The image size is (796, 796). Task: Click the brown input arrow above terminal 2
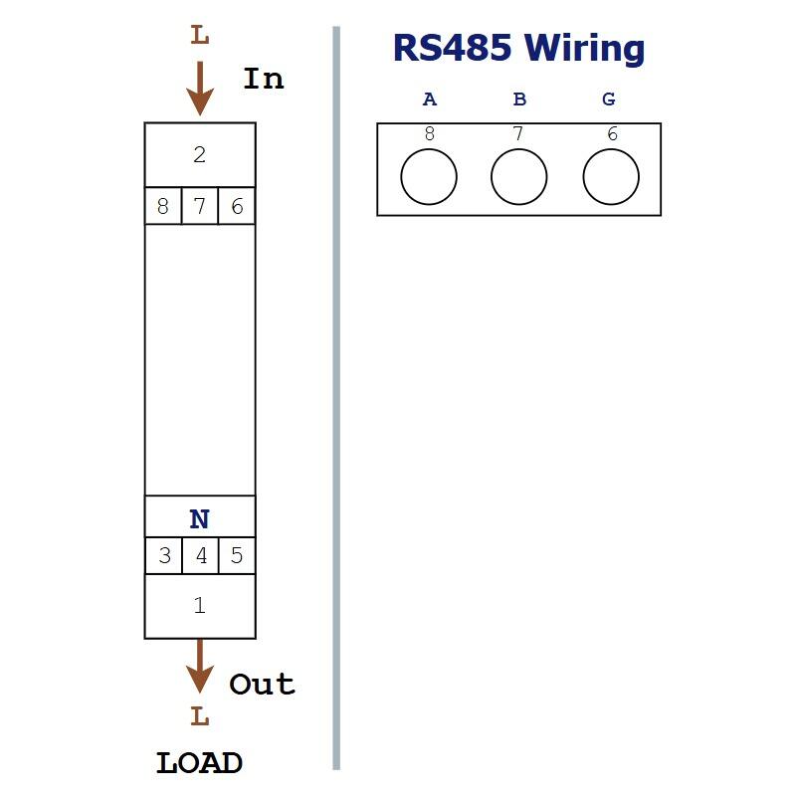point(200,89)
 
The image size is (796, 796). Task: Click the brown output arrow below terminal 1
point(200,666)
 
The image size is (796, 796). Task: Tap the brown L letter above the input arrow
point(200,35)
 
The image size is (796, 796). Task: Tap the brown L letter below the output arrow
point(200,716)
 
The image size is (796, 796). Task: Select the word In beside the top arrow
point(264,79)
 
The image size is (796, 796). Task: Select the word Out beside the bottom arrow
point(262,684)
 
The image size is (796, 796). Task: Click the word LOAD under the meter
point(199,763)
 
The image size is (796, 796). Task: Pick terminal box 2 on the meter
point(200,155)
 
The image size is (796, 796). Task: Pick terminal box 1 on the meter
point(200,606)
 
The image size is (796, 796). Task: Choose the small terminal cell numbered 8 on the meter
point(163,206)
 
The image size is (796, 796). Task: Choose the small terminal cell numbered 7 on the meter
point(200,206)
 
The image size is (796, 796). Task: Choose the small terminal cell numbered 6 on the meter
point(237,206)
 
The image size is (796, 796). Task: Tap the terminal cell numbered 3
point(163,555)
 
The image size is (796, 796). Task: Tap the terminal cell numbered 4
point(201,555)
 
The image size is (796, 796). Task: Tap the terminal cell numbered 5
point(237,555)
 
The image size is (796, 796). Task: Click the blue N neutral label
point(200,519)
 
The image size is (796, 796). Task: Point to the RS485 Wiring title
point(518,48)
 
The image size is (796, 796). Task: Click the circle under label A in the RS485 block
point(429,148)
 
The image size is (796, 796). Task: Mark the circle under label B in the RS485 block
point(518,148)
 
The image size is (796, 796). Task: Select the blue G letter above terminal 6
point(609,99)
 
